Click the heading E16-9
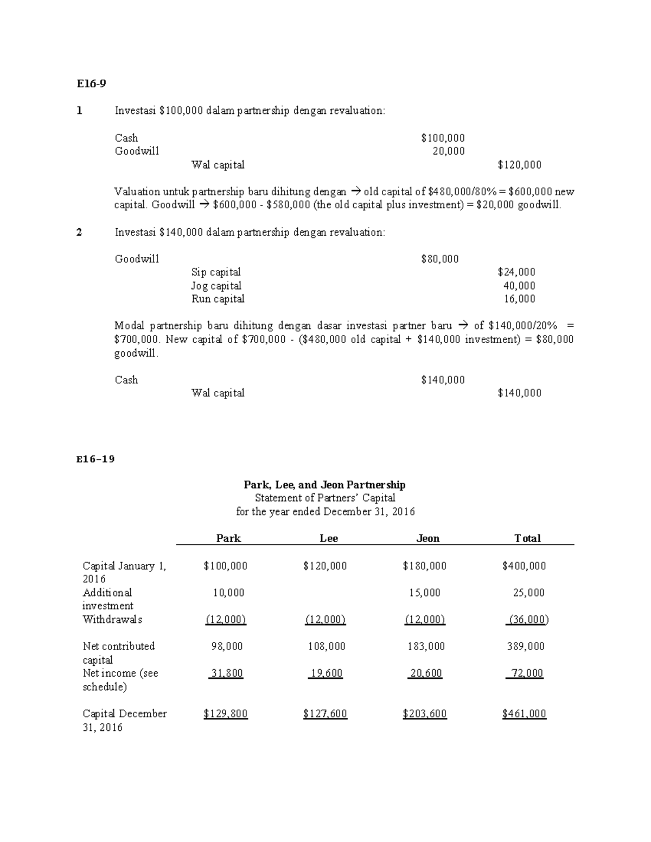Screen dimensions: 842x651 [91, 83]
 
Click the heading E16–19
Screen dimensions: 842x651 [95, 459]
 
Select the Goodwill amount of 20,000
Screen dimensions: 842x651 [449, 151]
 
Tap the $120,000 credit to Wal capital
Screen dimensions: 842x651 [519, 165]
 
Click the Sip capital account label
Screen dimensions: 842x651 [216, 272]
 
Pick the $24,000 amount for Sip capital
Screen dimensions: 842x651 [516, 272]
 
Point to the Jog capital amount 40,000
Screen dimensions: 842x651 [519, 286]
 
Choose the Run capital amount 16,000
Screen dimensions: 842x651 [519, 299]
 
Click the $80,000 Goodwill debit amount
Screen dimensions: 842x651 [440, 259]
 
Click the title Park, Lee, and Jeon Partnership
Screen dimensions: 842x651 [324, 485]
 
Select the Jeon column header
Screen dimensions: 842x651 [427, 538]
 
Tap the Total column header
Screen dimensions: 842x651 [527, 538]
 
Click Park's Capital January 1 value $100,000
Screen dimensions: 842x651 [225, 566]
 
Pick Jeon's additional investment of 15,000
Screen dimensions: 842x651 [425, 593]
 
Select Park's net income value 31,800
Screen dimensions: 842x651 [227, 673]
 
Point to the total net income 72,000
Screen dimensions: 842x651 [526, 673]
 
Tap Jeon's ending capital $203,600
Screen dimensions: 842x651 [425, 714]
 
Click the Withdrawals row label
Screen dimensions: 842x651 [112, 620]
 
